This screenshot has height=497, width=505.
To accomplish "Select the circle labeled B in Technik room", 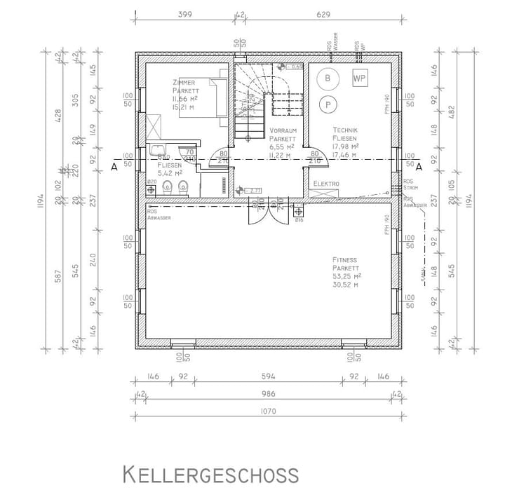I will click(327, 79).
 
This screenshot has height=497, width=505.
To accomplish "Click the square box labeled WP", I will click(360, 78).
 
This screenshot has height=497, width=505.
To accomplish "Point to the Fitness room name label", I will click(346, 259).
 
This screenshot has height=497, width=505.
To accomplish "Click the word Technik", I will click(345, 130).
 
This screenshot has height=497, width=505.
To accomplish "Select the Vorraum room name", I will click(283, 130).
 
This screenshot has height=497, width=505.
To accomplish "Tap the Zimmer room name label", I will click(184, 83).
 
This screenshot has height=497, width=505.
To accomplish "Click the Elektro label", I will click(326, 184).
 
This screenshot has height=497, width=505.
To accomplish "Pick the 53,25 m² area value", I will click(346, 276).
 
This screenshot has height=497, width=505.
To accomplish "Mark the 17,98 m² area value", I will click(345, 147).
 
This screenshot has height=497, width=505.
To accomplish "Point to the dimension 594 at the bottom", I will click(267, 376).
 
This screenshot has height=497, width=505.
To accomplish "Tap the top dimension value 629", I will click(323, 13).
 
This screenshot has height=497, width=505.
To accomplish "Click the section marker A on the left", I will click(113, 168).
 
